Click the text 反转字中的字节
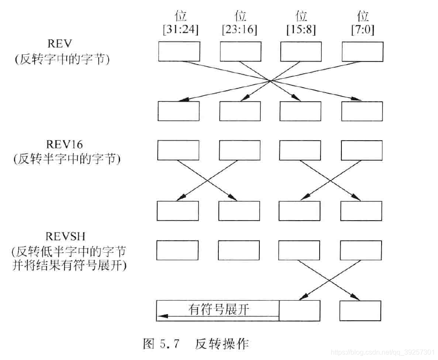click(62, 59)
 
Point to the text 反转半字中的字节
click(67, 159)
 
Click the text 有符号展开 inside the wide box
click(218, 309)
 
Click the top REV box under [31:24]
click(179, 52)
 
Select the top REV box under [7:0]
click(362, 52)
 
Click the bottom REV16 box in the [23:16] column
click(239, 210)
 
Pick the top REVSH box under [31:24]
click(177, 250)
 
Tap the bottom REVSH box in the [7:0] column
click(360, 310)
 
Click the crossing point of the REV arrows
click(270, 80)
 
